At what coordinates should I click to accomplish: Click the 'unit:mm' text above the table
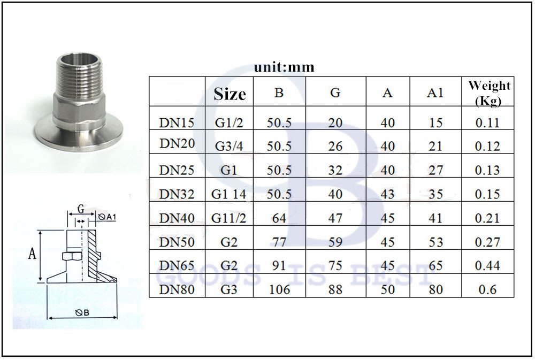(x=284, y=67)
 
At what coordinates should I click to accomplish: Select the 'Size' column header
(x=230, y=94)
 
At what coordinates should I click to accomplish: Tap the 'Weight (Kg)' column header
(x=489, y=93)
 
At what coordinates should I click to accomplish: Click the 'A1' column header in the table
(x=435, y=93)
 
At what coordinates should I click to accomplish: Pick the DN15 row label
(x=176, y=122)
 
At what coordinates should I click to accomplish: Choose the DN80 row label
(x=176, y=289)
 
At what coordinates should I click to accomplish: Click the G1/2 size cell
(x=230, y=122)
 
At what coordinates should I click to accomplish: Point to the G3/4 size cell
(x=230, y=146)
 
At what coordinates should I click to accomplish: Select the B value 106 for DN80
(x=279, y=289)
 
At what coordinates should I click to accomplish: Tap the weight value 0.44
(x=487, y=266)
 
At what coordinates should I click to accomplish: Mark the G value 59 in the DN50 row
(x=335, y=242)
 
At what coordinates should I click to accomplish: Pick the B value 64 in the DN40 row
(x=279, y=218)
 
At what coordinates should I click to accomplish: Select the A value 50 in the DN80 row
(x=387, y=289)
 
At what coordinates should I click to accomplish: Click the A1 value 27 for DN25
(x=435, y=170)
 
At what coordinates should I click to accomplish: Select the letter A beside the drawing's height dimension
(x=32, y=255)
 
